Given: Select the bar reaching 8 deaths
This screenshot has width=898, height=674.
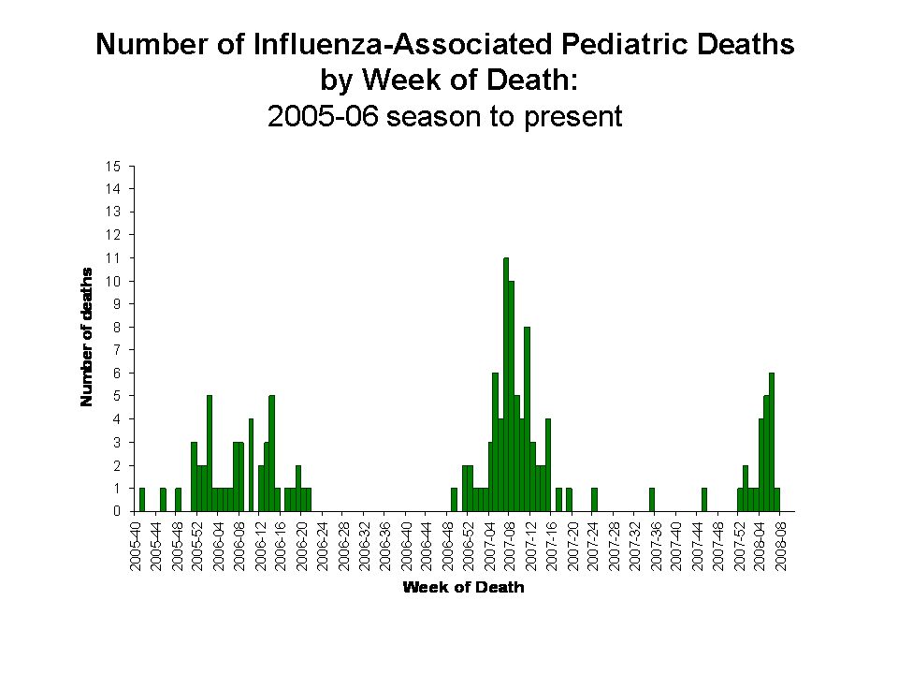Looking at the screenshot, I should click(x=527, y=419).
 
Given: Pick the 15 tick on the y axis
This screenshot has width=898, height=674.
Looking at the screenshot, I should click(x=114, y=167).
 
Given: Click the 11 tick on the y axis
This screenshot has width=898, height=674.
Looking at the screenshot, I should click(x=114, y=257).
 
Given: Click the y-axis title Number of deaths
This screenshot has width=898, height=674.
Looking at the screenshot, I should click(x=87, y=338).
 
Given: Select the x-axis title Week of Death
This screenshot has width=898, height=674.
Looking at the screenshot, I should click(x=463, y=588).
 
